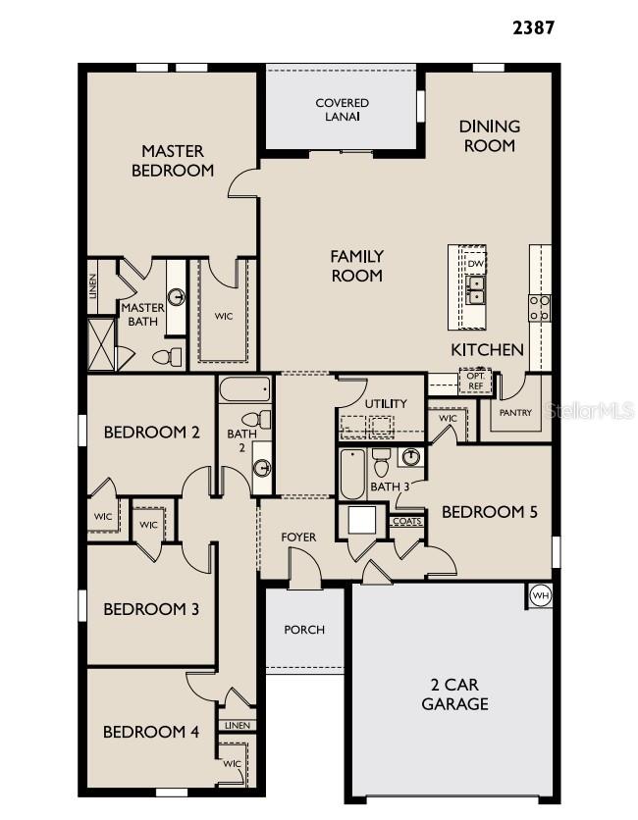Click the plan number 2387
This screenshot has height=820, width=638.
(533, 27)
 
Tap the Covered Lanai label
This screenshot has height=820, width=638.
(342, 110)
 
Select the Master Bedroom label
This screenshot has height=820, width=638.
(173, 161)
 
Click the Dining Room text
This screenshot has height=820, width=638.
(489, 136)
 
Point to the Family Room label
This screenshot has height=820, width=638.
(356, 266)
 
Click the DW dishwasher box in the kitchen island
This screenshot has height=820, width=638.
(475, 264)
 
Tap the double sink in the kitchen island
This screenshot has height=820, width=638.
(475, 289)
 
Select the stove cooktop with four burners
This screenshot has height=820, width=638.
(540, 308)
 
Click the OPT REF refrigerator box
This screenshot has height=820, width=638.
(475, 381)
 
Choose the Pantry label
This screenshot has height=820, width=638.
(515, 413)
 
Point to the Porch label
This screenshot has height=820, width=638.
(304, 630)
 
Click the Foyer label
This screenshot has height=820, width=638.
(298, 537)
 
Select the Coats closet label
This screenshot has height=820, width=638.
(406, 522)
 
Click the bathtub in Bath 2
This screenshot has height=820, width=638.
(244, 391)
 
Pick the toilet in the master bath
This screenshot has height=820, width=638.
(171, 357)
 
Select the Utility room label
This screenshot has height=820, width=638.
(385, 404)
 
